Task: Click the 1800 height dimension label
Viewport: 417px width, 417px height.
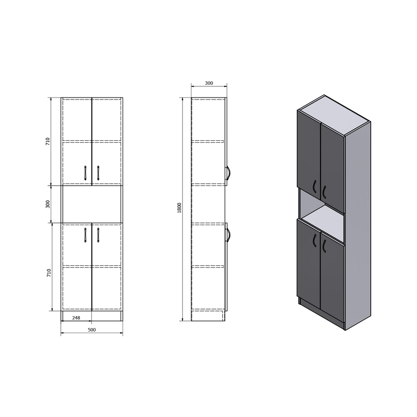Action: [179, 207]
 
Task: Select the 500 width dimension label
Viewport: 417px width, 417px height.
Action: [91, 330]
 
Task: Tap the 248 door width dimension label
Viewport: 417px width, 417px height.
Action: [76, 318]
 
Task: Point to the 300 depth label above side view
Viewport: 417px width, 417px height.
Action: [209, 83]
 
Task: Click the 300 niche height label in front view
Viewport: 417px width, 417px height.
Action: [48, 204]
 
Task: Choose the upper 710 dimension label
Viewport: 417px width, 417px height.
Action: [48, 141]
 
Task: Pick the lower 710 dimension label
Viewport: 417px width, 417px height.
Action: [49, 273]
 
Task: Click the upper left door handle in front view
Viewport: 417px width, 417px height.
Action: [85, 173]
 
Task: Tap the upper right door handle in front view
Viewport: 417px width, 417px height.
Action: [98, 173]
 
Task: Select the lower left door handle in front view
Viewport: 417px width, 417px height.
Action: [85, 235]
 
